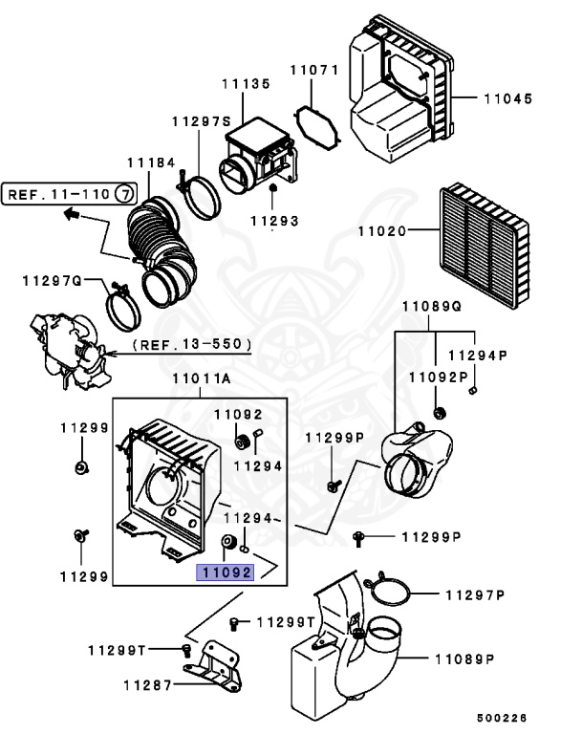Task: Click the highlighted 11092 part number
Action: click(x=226, y=572)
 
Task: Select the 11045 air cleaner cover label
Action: click(x=508, y=98)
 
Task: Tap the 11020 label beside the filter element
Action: click(x=382, y=230)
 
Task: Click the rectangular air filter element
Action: click(x=485, y=247)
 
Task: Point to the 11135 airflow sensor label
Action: click(x=247, y=84)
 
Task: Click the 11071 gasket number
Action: click(x=313, y=70)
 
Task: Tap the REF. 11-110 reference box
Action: click(x=70, y=194)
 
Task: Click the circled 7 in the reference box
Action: click(x=124, y=194)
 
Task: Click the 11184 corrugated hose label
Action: click(x=151, y=162)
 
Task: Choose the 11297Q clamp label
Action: click(x=52, y=281)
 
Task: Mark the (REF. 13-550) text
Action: click(x=192, y=344)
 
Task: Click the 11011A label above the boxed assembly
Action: click(x=202, y=378)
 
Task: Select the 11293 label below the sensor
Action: click(x=274, y=221)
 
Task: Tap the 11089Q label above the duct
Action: click(x=432, y=306)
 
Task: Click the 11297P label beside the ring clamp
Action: click(x=475, y=595)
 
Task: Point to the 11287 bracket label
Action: click(x=148, y=685)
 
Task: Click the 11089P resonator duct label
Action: click(x=465, y=659)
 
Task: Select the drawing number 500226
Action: click(x=502, y=718)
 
